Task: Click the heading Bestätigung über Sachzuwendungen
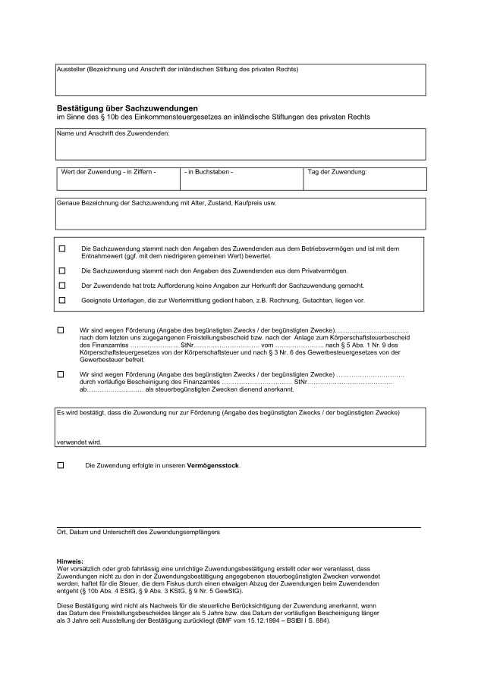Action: (x=127, y=108)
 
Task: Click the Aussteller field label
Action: (x=178, y=70)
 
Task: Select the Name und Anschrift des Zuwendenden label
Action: (x=113, y=134)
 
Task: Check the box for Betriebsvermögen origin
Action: (x=62, y=249)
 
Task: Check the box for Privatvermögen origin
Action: (x=62, y=270)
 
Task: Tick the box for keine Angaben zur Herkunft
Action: (x=62, y=286)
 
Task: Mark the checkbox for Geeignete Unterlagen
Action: (x=62, y=300)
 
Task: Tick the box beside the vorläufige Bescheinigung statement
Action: (x=61, y=374)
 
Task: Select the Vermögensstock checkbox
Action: (x=61, y=464)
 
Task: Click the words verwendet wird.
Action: (x=79, y=442)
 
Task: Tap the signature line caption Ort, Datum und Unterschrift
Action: (x=138, y=533)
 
